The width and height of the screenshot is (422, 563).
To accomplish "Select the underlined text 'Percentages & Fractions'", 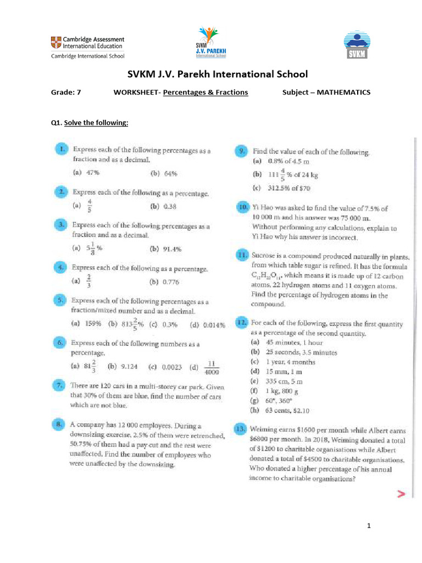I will (206, 92).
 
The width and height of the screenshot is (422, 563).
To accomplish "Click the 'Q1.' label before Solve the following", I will (57, 123).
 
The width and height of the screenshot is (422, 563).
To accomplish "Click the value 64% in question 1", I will (170, 174).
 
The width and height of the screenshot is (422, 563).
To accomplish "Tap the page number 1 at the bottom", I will (369, 527).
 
